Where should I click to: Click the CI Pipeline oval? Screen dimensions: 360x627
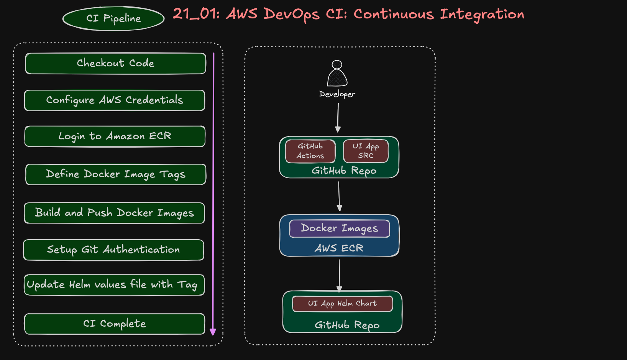(113, 18)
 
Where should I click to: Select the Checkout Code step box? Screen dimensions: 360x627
(115, 63)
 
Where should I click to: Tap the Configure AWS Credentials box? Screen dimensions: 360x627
(114, 100)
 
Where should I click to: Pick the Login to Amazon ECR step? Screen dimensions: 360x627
(115, 136)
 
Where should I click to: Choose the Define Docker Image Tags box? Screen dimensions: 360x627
(115, 174)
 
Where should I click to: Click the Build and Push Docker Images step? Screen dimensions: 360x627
(114, 213)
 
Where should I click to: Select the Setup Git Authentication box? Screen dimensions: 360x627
(113, 250)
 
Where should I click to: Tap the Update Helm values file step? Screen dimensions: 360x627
(114, 285)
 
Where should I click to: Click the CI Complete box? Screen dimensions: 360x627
(114, 324)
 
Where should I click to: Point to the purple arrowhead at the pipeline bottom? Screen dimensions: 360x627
(213, 332)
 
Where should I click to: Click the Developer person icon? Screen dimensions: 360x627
(337, 74)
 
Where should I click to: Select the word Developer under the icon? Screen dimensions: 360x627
(337, 94)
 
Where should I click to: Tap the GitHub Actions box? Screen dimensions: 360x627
(310, 151)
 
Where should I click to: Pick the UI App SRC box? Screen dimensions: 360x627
(366, 151)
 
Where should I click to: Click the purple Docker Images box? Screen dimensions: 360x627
(339, 228)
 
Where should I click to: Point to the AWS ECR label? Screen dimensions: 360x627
(339, 248)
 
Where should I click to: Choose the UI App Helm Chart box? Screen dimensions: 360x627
(342, 304)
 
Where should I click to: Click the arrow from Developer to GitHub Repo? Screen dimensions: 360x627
(338, 117)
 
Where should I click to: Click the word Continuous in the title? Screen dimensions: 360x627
(394, 14)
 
